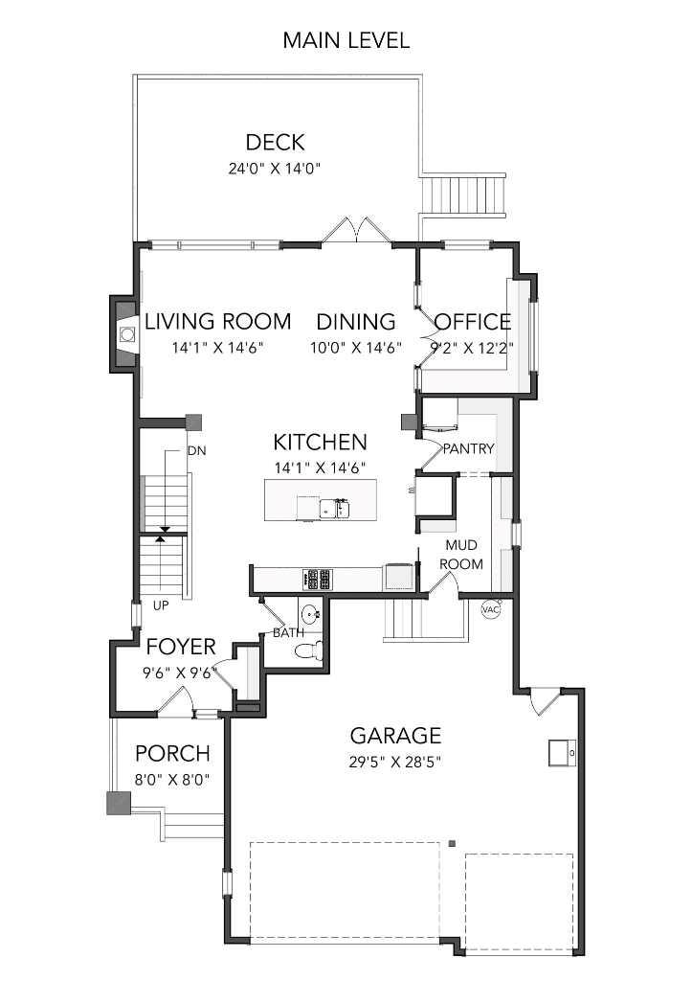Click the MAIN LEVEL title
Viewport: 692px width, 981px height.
346,40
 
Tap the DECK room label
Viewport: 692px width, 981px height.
275,143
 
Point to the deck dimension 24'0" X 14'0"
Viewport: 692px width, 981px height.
274,169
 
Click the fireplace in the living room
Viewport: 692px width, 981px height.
125,334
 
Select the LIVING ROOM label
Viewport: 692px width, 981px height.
217,322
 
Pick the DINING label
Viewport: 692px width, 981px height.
355,322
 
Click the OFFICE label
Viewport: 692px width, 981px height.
473,322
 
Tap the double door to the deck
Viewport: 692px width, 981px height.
355,233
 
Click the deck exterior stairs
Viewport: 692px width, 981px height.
463,196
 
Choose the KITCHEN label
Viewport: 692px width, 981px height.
320,442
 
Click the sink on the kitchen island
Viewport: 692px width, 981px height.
336,507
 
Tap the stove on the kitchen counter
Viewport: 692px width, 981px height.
318,579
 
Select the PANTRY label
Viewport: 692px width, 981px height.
468,448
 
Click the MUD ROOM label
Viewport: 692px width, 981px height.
460,555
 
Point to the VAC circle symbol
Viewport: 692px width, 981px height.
490,609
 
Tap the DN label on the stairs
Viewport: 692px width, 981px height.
196,450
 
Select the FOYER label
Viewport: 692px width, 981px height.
181,647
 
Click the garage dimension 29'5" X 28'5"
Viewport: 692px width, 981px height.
394,763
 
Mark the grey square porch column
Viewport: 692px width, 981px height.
118,803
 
